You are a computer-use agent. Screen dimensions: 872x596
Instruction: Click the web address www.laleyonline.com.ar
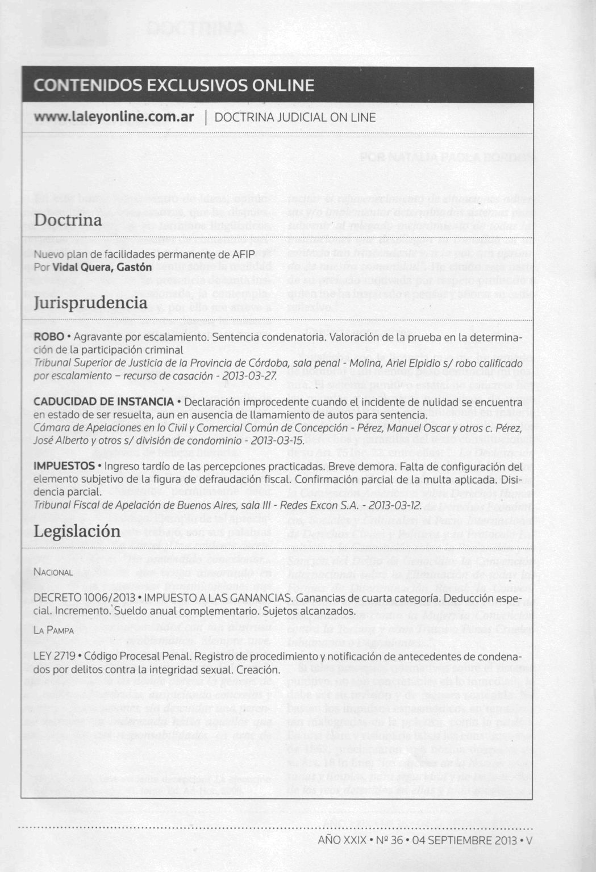(x=114, y=117)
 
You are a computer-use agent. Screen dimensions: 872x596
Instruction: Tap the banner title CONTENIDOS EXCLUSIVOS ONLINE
(x=174, y=85)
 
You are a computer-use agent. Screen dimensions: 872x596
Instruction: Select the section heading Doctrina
(x=68, y=220)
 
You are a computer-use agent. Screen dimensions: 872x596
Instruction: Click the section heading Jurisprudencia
(x=91, y=303)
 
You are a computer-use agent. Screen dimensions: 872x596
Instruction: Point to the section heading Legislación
(x=77, y=531)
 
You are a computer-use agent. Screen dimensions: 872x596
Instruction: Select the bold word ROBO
(x=49, y=337)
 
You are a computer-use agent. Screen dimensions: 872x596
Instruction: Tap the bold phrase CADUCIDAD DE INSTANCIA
(x=103, y=402)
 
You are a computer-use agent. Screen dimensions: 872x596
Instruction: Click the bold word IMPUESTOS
(x=64, y=466)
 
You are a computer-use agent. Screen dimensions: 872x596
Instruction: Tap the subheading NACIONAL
(x=53, y=572)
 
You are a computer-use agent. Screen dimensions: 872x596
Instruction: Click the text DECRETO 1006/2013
(x=85, y=598)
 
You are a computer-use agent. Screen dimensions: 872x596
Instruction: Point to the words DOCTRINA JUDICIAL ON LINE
(x=295, y=118)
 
